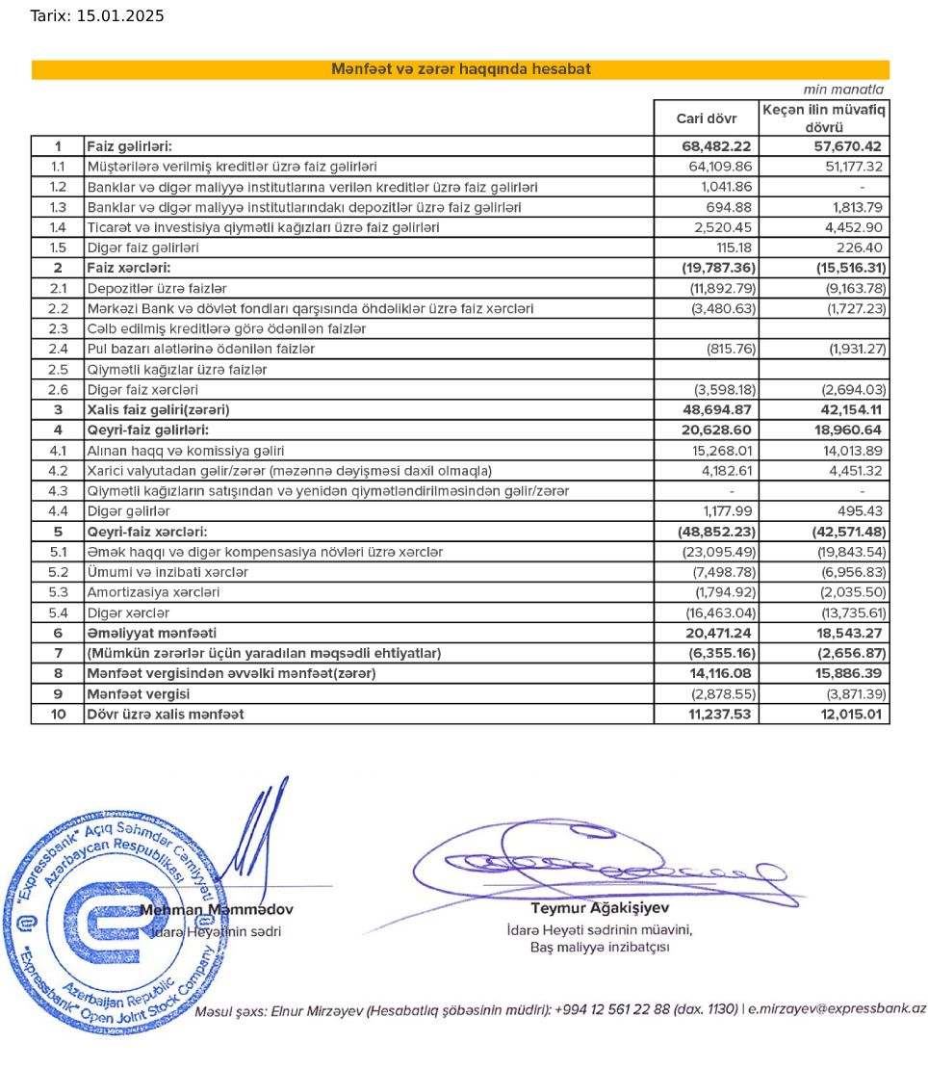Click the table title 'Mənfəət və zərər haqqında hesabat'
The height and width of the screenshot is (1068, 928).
tap(460, 69)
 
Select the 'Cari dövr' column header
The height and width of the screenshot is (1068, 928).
tap(706, 118)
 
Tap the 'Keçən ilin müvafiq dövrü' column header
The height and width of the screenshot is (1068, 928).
tap(824, 118)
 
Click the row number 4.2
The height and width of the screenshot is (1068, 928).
tap(58, 471)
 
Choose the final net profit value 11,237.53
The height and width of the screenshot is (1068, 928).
tap(716, 715)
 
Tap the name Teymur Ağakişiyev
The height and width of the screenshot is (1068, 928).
tap(600, 907)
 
